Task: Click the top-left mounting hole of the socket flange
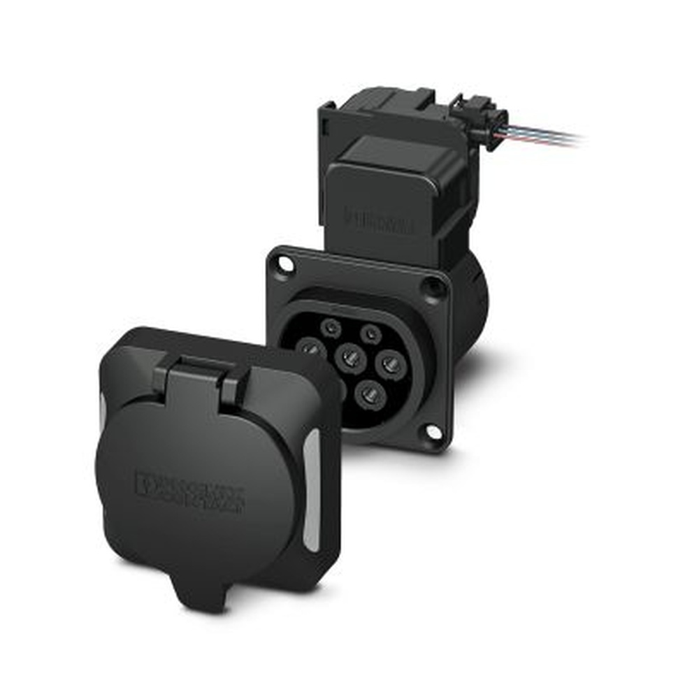[283, 264]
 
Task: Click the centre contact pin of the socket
[350, 359]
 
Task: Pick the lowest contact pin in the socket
[370, 396]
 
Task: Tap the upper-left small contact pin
[330, 326]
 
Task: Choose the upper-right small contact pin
[370, 333]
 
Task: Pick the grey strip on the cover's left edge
[103, 419]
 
